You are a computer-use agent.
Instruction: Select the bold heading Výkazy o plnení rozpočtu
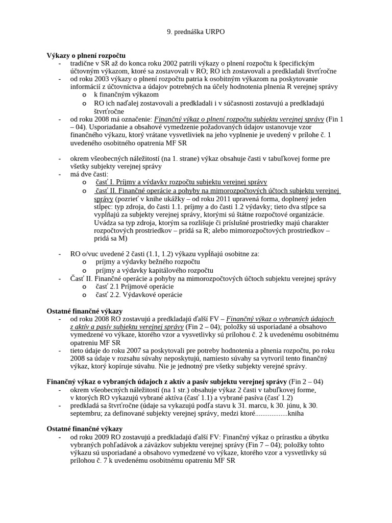tap(86, 55)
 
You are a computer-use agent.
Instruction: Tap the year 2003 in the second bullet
tap(102, 79)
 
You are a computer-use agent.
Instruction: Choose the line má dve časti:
tap(89, 174)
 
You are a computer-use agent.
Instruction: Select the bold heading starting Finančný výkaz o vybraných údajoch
tap(167, 382)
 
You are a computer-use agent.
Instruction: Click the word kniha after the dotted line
tap(296, 414)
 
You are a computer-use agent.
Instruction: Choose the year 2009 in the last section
tap(102, 437)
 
